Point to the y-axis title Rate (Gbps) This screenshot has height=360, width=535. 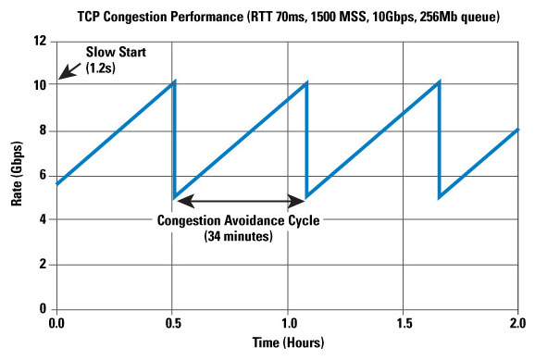click(x=16, y=175)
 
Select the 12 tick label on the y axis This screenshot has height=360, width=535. click(x=40, y=42)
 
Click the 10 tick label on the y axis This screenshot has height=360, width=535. click(x=40, y=86)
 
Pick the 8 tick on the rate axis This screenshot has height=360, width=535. click(x=43, y=130)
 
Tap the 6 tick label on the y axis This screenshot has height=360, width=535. click(x=43, y=175)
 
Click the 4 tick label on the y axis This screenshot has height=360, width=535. click(x=43, y=219)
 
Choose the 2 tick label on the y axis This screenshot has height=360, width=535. click(x=43, y=264)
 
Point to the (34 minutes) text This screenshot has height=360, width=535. click(x=239, y=236)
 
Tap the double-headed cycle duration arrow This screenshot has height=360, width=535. click(x=241, y=198)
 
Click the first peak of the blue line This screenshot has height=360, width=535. click(x=173, y=81)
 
